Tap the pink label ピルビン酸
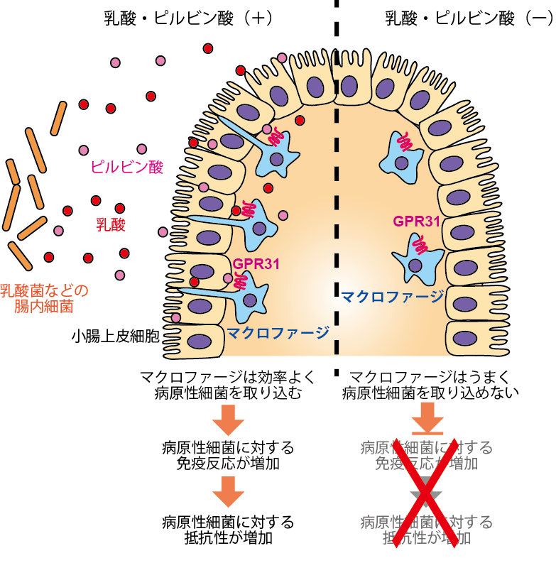pos(127,167)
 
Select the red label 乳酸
pos(111,226)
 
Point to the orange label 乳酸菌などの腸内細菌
pos(44,298)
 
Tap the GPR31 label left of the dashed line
pos(256,264)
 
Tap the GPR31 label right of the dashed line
pos(417,221)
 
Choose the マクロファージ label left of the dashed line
pos(278,332)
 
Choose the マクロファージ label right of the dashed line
pos(393,295)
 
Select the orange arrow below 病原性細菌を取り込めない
pos(428,418)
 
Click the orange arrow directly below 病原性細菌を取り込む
pos(228,420)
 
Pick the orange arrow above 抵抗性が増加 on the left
pos(228,491)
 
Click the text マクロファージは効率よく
pos(228,376)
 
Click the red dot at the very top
pos(208,48)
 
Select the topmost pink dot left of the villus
pos(160,61)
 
